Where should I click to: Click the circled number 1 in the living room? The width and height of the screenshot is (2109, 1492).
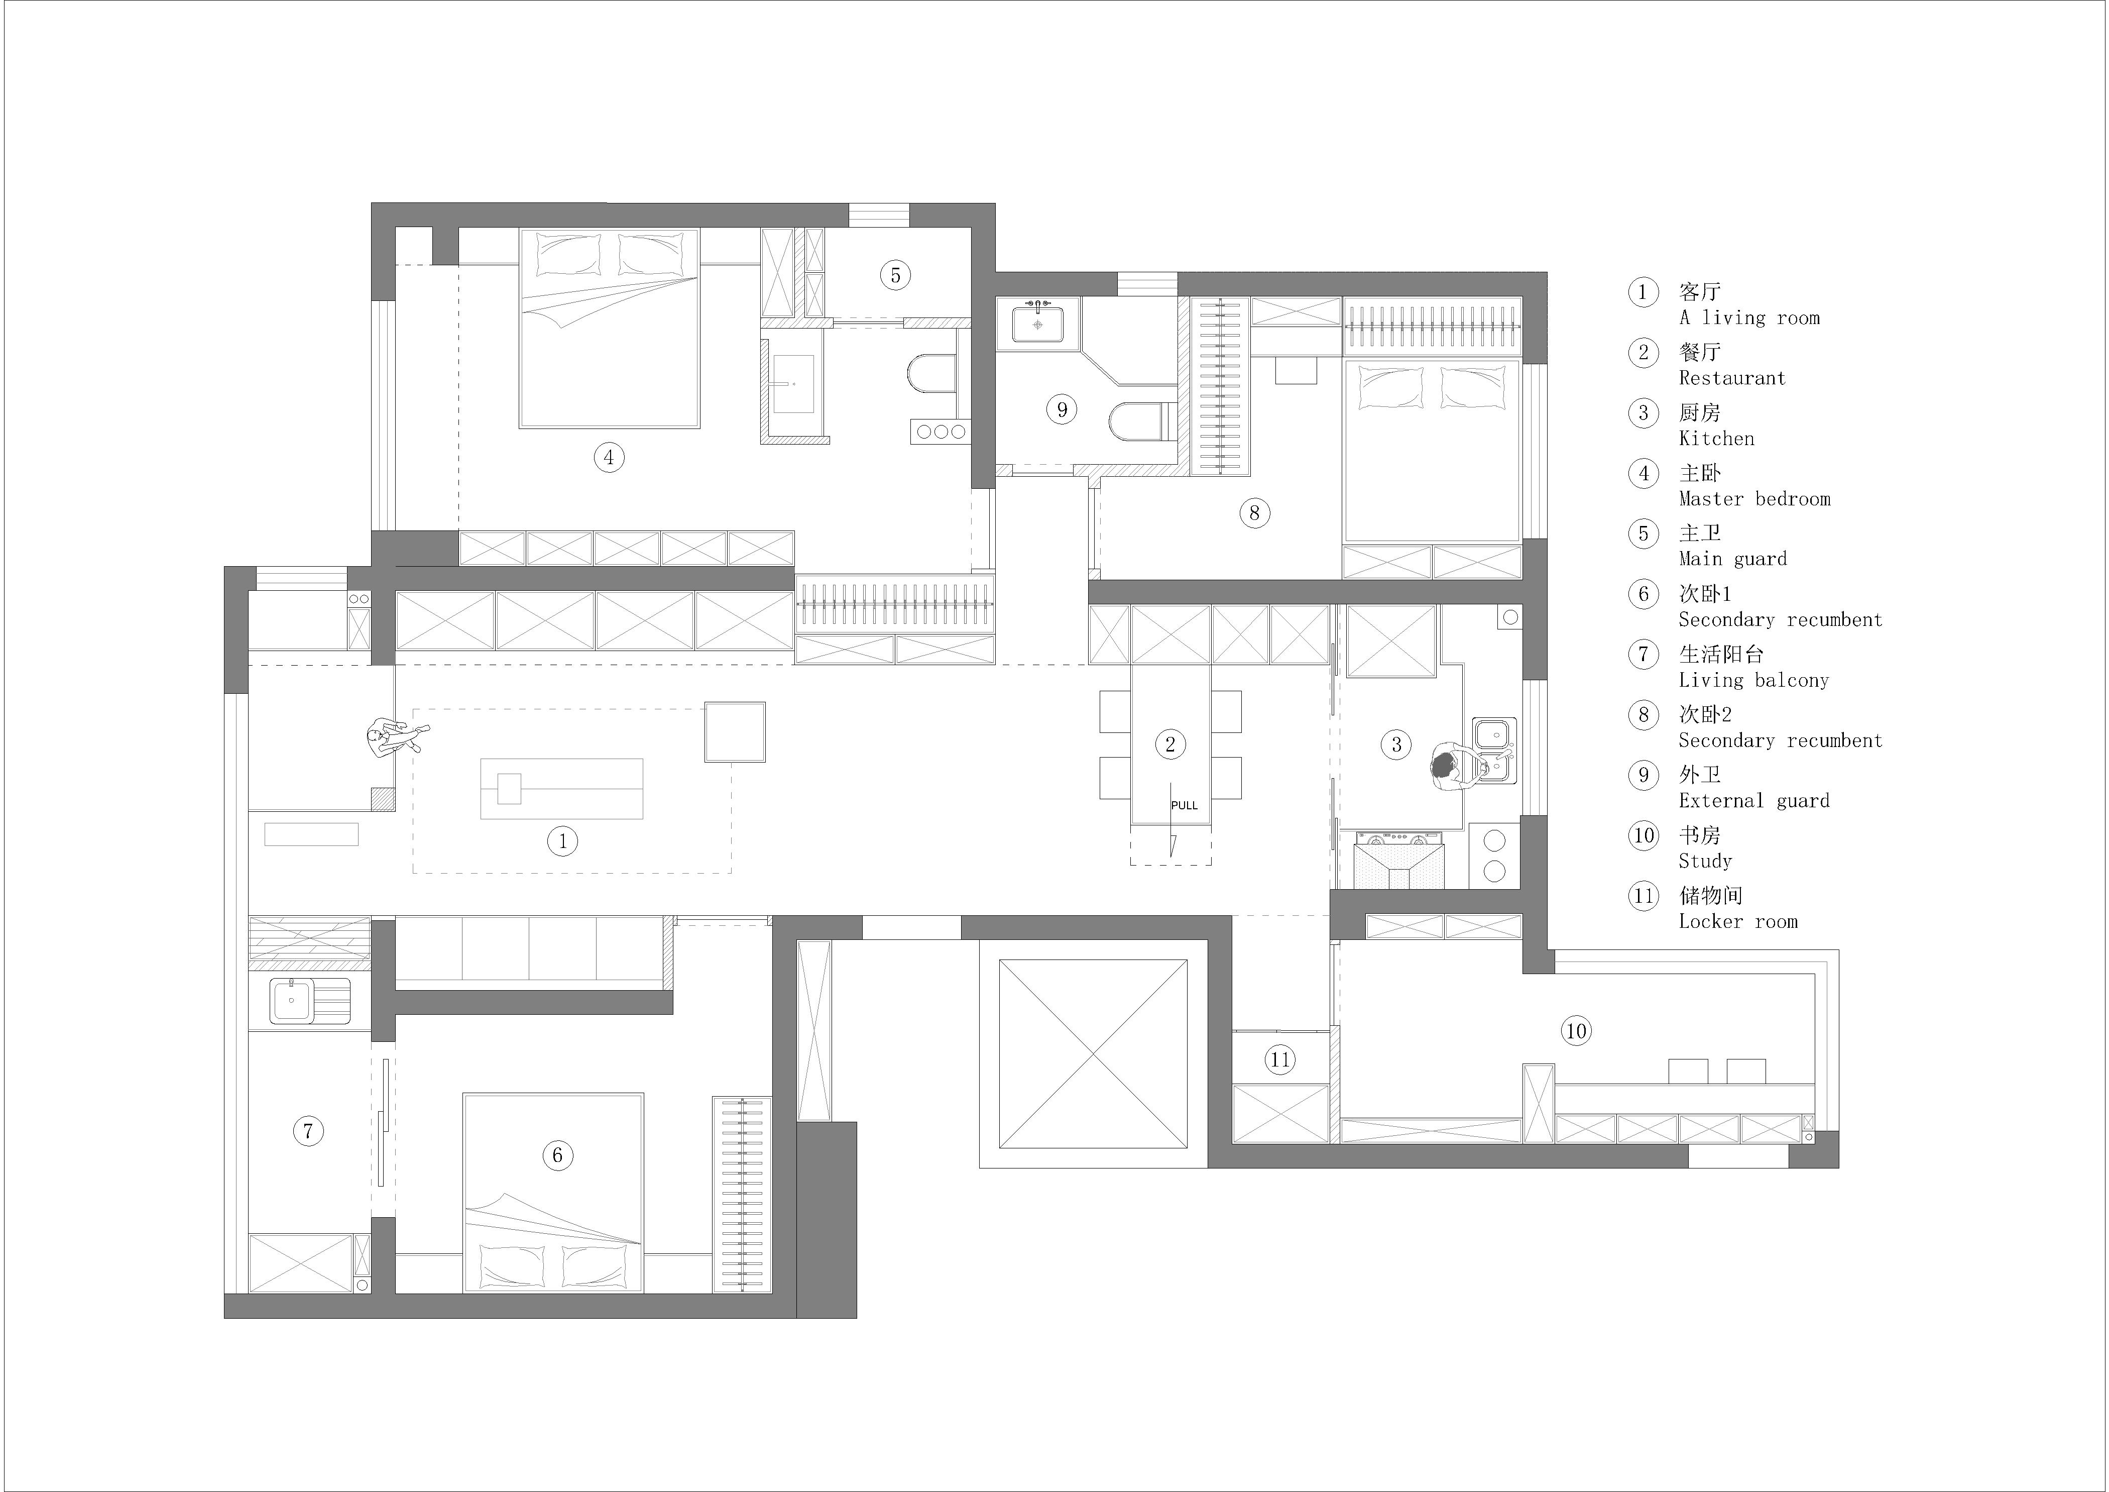coord(562,840)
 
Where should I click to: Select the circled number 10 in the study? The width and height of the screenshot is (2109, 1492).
coord(1576,1031)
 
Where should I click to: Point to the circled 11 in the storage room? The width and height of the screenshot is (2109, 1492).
coord(1279,1060)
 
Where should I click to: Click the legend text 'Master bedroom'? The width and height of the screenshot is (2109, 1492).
coord(1754,499)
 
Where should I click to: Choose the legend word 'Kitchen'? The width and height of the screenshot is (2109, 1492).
coord(1716,438)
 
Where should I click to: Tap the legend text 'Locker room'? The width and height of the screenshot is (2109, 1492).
coord(1738,921)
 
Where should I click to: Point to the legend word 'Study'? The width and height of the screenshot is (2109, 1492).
coord(1705,861)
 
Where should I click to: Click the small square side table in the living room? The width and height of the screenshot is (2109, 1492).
coord(735,732)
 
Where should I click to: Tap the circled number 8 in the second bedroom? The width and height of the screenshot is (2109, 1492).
coord(1254,512)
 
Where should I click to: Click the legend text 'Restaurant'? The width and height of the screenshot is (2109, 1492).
coord(1731,378)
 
